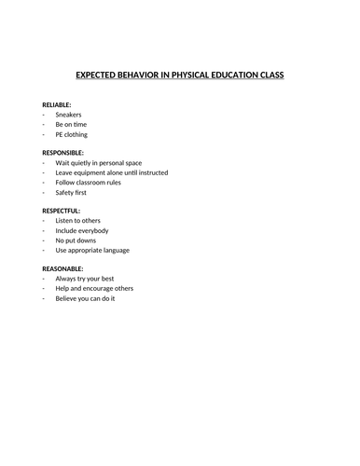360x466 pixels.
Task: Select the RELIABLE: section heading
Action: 57,104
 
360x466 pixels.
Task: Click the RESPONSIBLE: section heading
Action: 63,152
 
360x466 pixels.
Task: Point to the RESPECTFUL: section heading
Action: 62,211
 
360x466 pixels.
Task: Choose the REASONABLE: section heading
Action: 62,268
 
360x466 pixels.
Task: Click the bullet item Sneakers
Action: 68,115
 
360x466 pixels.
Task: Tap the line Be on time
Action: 72,124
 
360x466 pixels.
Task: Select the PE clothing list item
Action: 75,134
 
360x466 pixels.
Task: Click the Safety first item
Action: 72,192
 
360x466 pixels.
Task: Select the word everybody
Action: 93,230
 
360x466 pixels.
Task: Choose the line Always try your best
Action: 85,279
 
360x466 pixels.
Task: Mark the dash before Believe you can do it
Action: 44,298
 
